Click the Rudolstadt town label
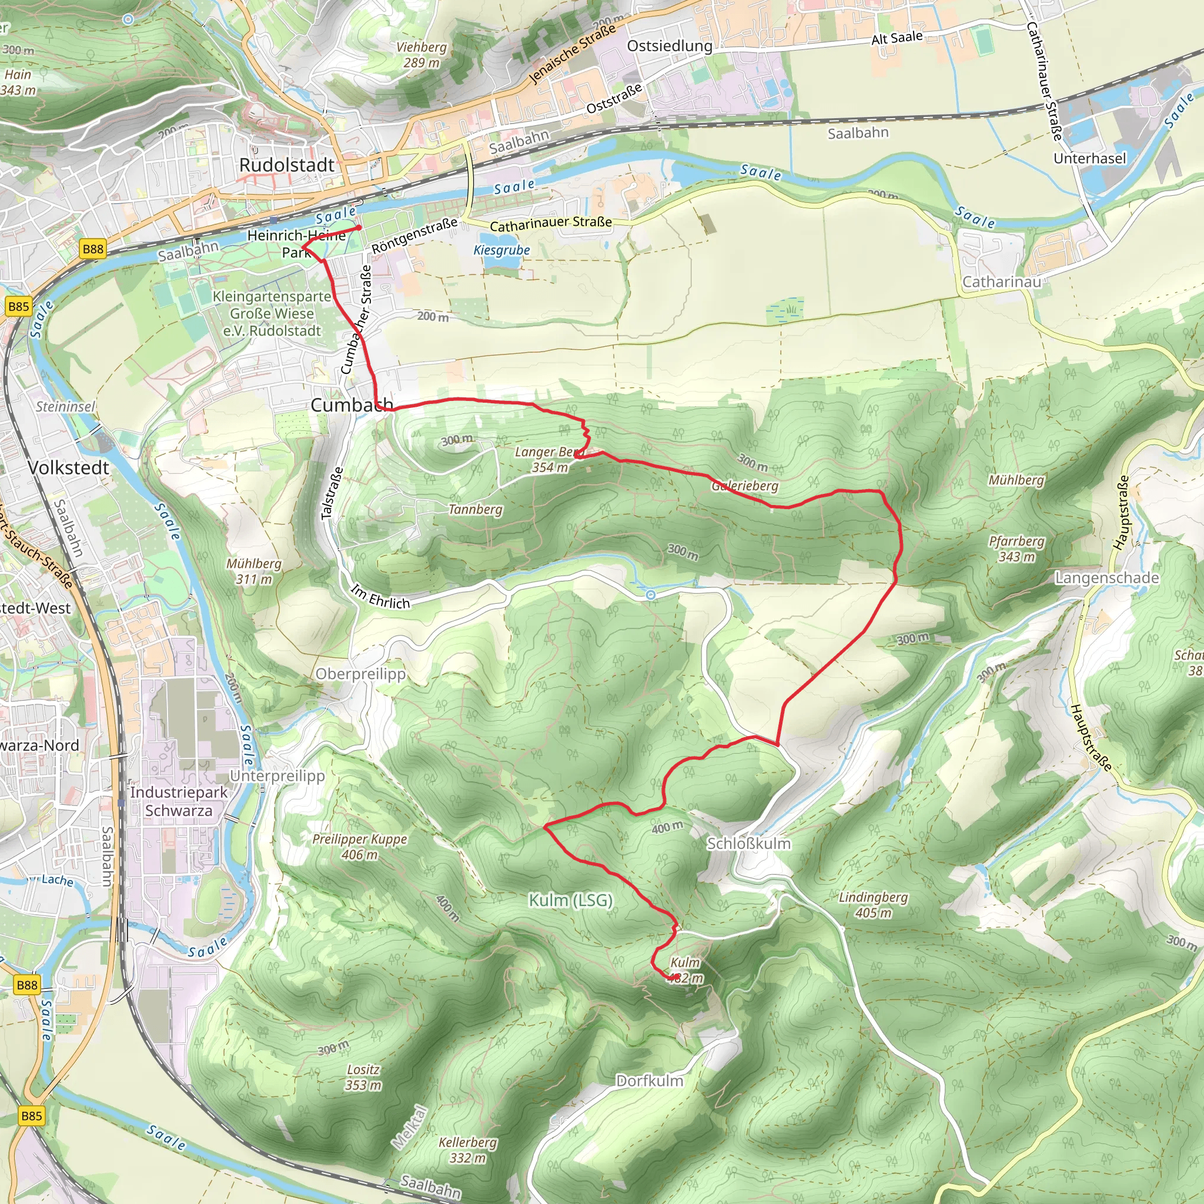(287, 165)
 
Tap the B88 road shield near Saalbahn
(93, 249)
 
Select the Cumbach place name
(351, 405)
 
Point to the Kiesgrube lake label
(501, 250)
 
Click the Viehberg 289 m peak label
(422, 55)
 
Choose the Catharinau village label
(1001, 282)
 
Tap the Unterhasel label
(1089, 158)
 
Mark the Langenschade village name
(1107, 578)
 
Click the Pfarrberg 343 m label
(1016, 549)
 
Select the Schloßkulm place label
(748, 844)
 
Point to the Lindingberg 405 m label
(873, 905)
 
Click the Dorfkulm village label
(650, 1081)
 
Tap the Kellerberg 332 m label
(467, 1150)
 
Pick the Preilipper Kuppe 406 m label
(360, 847)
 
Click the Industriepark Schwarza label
(179, 801)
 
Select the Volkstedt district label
(69, 468)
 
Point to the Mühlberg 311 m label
(253, 571)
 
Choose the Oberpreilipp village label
(360, 674)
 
